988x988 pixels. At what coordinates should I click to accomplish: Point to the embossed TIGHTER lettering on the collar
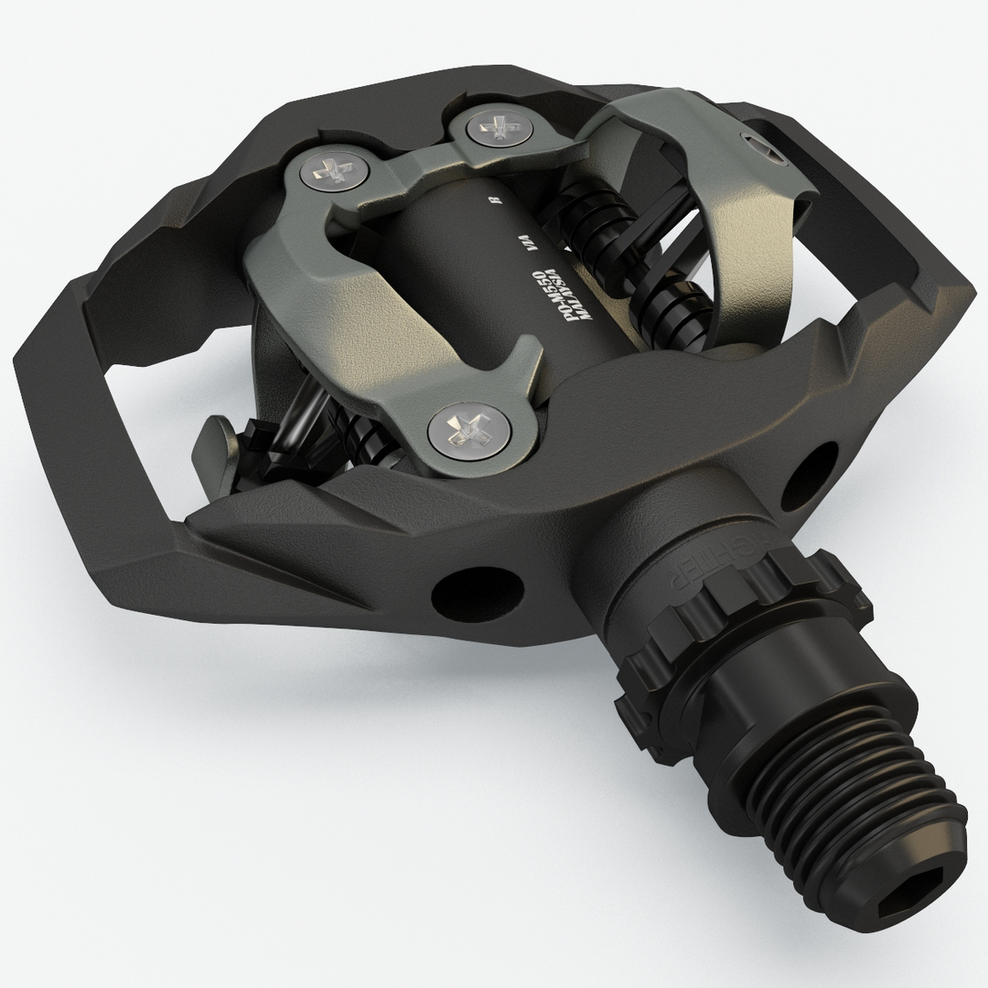tap(677, 572)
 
